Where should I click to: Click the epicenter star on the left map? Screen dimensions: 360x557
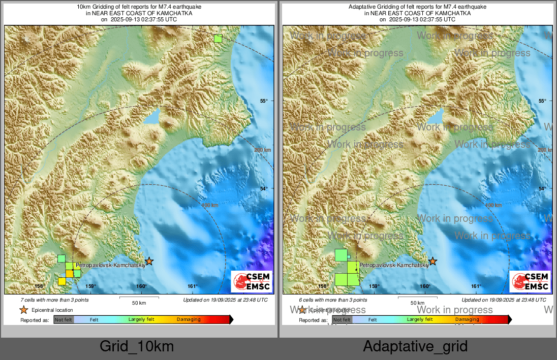tap(149, 261)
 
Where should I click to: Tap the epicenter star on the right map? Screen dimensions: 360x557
tap(432, 261)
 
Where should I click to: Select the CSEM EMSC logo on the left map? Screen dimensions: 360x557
tap(252, 281)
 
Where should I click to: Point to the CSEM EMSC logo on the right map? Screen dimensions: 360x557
tap(530, 281)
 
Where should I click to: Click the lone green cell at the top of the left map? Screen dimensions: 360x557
tap(218, 38)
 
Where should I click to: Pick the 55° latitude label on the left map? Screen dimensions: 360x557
tap(264, 101)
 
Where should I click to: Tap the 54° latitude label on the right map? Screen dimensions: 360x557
tap(542, 189)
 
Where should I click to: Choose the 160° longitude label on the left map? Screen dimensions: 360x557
tap(142, 286)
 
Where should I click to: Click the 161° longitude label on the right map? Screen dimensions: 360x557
tap(476, 286)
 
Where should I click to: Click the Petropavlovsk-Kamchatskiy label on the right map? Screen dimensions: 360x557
tap(394, 266)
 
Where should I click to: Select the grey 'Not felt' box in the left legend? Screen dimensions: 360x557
tap(64, 320)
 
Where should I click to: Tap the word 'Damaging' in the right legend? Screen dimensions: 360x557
tap(467, 320)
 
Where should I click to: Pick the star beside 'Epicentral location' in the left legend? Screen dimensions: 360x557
tap(23, 310)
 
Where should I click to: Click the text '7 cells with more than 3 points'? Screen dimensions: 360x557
tap(54, 300)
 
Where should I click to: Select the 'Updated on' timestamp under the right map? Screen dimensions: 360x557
tap(504, 300)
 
